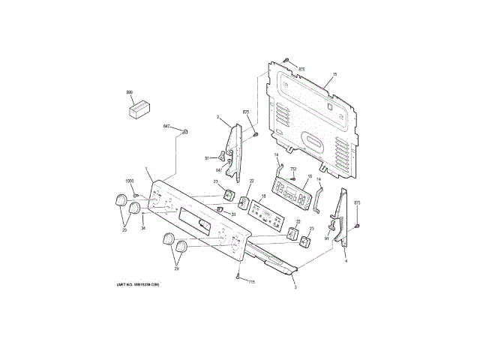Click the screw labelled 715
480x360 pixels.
pos(238,277)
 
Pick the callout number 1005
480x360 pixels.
pos(129,181)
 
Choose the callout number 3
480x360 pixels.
pos(295,286)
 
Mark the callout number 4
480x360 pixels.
pos(346,259)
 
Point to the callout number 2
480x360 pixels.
pos(217,117)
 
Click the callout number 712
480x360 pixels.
pos(293,169)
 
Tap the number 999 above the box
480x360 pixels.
pos(129,91)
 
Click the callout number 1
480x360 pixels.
pos(147,170)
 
